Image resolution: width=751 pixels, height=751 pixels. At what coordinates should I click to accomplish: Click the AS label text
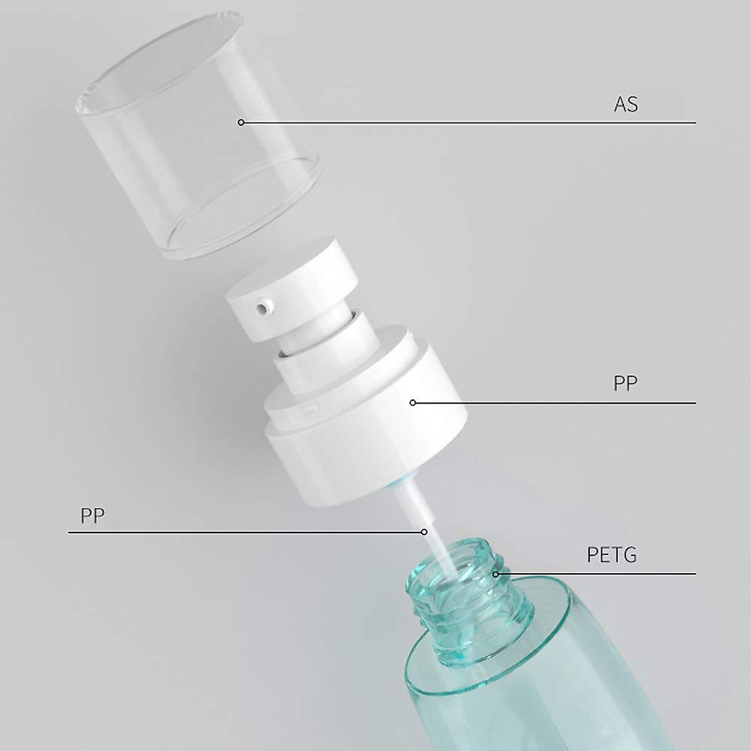[x=626, y=104]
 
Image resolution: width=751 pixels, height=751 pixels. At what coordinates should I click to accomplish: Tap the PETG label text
[x=611, y=554]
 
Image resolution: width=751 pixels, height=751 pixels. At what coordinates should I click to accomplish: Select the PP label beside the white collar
[x=625, y=384]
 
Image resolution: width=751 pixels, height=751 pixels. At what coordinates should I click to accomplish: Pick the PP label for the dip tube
[x=93, y=515]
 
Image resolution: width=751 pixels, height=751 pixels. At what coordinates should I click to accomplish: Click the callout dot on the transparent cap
[x=241, y=123]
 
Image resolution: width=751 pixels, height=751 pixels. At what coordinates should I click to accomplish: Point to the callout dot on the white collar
[x=412, y=402]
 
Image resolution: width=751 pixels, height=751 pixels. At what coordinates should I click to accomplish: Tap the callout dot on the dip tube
[x=424, y=532]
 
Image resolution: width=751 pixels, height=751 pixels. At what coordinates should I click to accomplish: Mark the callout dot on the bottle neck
[x=496, y=573]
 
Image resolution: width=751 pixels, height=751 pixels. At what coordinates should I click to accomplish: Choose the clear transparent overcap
[x=200, y=138]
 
